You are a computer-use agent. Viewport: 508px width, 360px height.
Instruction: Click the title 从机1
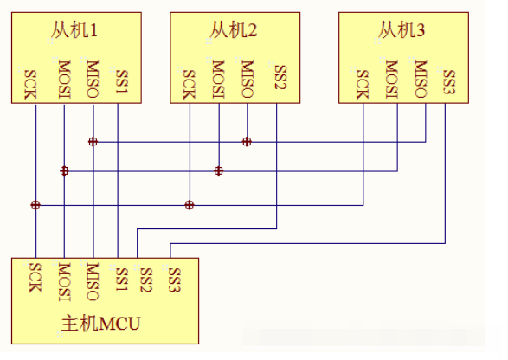click(x=74, y=29)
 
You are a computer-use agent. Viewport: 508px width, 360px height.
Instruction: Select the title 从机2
click(x=234, y=29)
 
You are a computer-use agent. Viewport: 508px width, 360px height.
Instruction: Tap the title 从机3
click(x=402, y=29)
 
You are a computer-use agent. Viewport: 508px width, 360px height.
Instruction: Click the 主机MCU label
click(x=100, y=323)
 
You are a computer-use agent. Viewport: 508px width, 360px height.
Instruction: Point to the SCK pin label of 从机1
click(x=30, y=84)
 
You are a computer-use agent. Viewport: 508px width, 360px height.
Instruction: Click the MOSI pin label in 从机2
click(x=218, y=79)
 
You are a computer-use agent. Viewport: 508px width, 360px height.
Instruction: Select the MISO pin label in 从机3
click(x=421, y=79)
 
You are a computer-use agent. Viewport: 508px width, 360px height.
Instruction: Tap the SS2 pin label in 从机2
click(x=280, y=77)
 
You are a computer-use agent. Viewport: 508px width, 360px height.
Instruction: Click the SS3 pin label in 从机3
click(x=449, y=81)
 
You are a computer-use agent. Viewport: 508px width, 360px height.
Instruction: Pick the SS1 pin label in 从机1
click(x=122, y=81)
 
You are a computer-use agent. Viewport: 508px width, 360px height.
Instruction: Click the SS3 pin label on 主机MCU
click(x=174, y=280)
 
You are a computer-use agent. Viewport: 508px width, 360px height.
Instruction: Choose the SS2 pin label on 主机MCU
click(x=146, y=280)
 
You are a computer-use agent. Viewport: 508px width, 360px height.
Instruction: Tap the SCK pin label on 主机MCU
click(x=35, y=278)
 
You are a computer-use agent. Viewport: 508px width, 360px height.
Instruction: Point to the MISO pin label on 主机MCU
click(x=93, y=282)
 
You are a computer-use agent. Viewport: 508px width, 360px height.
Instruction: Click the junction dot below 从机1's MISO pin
click(x=93, y=142)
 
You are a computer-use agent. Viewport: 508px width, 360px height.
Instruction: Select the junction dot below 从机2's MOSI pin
click(x=219, y=170)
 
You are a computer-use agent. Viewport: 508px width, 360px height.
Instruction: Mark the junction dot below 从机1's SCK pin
click(x=35, y=205)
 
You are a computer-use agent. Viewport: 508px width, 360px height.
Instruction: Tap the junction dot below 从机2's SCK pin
click(x=190, y=205)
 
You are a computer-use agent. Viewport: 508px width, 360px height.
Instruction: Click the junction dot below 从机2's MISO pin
click(x=247, y=142)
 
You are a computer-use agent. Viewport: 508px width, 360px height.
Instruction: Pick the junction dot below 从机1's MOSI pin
click(x=64, y=170)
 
